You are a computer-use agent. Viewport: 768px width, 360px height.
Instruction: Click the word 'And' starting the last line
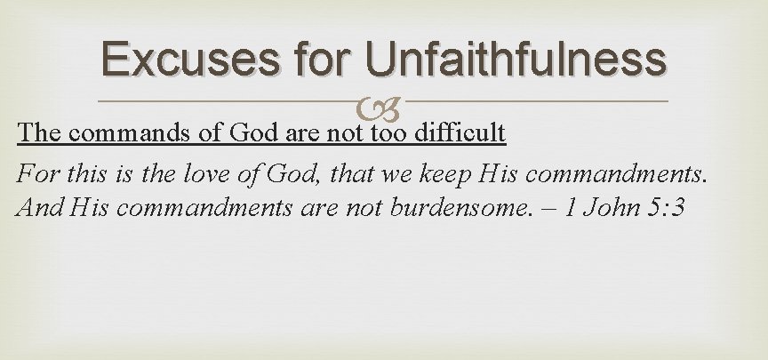36,210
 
